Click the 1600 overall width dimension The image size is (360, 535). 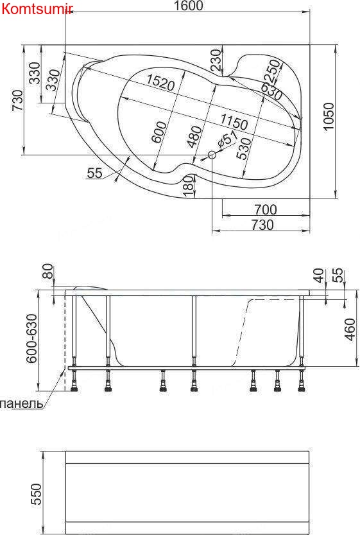189,6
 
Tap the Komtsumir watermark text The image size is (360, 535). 37,8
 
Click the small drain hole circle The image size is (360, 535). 212,155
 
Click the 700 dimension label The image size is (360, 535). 265,209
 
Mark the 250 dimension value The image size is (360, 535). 271,70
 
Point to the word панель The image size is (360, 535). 22,404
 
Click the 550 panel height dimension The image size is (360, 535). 37,493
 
